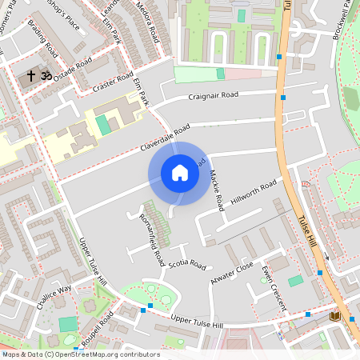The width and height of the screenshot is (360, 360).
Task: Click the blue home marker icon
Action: click(180, 173)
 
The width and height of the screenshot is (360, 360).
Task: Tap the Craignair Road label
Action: click(213, 96)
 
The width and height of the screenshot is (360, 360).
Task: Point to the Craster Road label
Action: click(112, 81)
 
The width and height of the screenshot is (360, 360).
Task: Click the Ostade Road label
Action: click(74, 74)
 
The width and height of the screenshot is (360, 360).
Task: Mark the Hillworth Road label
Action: click(254, 193)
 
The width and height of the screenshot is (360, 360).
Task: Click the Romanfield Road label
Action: click(152, 239)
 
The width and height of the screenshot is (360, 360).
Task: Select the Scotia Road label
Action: click(187, 265)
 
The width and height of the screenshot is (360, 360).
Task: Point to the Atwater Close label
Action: click(232, 272)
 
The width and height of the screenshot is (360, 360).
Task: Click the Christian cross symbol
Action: click(31, 75)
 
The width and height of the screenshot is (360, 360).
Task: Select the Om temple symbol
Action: click(45, 75)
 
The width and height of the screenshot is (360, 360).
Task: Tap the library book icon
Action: click(334, 316)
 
